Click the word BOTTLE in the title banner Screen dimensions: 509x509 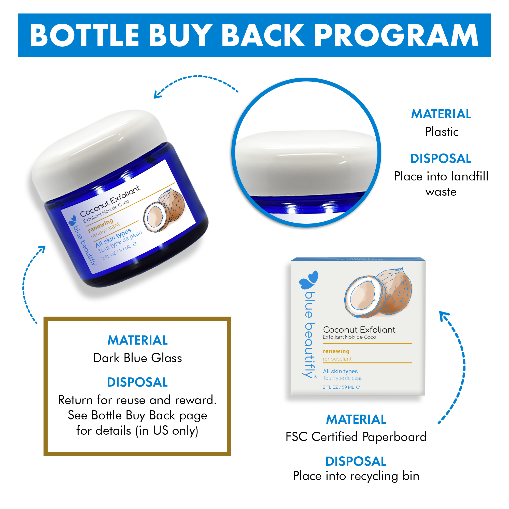pos(84,35)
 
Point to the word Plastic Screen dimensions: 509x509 pos(442,132)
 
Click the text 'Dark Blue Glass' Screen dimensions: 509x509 pos(137,358)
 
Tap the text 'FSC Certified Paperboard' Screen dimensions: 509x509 pos(356,437)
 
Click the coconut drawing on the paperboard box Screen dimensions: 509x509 pos(378,292)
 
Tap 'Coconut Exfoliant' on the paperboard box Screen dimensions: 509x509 pos(359,330)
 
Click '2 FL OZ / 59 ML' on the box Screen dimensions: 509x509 pos(338,387)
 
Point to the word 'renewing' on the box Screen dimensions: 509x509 pos(336,351)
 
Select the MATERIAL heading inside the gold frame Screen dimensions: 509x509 pos(137,340)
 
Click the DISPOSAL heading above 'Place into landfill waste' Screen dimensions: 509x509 pos(441,158)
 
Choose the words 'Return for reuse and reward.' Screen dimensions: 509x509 pos(137,400)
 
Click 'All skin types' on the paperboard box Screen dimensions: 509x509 pos(340,371)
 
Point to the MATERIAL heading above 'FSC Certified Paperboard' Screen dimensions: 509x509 pos(356,419)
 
